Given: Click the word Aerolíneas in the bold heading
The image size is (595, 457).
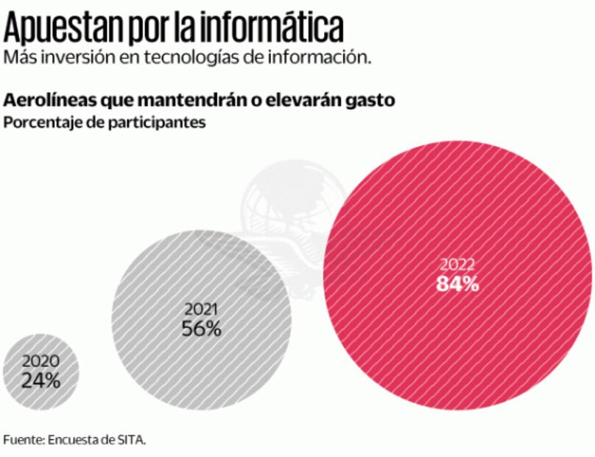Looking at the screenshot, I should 47,100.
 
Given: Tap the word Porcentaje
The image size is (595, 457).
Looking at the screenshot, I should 38,122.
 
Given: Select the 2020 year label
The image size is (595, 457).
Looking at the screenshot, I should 41,362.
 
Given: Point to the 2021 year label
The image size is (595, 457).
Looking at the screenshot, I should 200,310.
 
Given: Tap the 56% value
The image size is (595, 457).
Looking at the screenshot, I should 201,329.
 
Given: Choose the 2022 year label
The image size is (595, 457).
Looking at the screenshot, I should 458,265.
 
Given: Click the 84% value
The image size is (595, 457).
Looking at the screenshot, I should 458,284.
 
